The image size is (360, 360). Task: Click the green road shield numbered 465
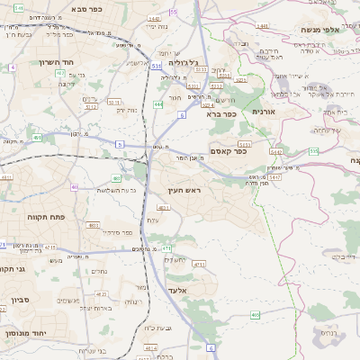coord(256,314)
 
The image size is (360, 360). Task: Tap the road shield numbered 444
coord(158,105)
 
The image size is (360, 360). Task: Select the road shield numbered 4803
coord(94,225)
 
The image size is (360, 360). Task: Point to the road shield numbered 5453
coord(245,143)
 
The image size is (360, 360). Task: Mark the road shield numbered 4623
coord(102,294)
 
